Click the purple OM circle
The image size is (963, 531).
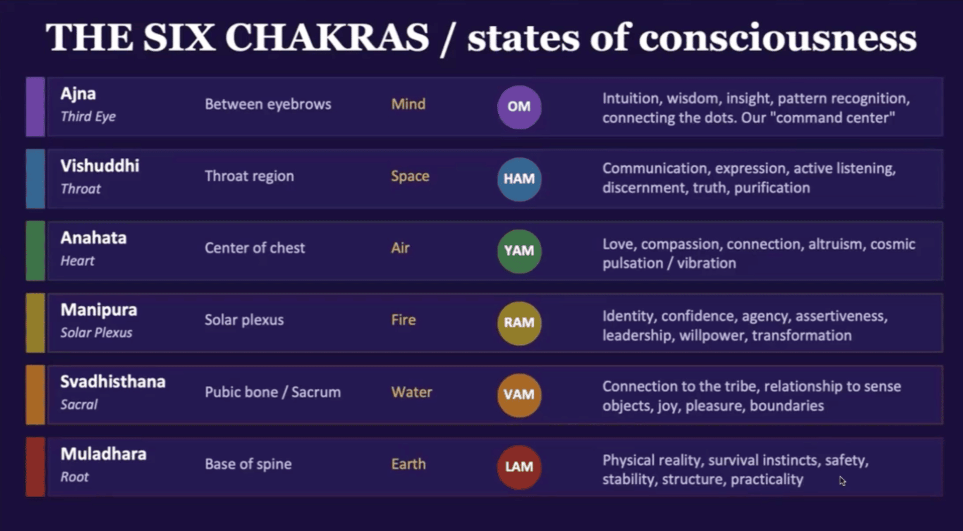(519, 107)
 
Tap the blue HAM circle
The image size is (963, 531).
(519, 179)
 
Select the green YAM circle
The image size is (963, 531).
(519, 251)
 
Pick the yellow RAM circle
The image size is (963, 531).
(519, 323)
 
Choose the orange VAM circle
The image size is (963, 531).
(519, 395)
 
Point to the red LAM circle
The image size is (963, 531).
(519, 467)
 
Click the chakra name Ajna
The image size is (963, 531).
(78, 94)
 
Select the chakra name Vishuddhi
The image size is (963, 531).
(100, 166)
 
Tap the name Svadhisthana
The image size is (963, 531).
(113, 382)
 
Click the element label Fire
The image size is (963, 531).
(403, 320)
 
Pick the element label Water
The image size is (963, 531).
(411, 392)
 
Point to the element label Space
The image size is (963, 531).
(410, 176)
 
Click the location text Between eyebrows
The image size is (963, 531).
(268, 104)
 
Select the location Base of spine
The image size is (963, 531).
(248, 464)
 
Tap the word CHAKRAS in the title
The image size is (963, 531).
(327, 38)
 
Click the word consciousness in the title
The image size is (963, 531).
(777, 39)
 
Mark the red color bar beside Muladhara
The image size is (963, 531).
(35, 467)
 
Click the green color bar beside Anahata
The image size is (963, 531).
(35, 251)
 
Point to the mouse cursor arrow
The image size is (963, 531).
(842, 481)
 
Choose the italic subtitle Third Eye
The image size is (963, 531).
(88, 117)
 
